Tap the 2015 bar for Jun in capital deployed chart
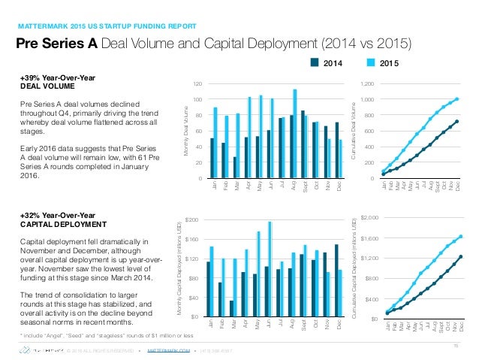(270, 268)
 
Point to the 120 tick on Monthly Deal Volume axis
(197, 84)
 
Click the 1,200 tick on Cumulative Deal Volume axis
(366, 84)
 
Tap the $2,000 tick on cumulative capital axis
(369, 218)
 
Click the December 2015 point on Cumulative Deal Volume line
(457, 98)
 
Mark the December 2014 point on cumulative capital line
(460, 256)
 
